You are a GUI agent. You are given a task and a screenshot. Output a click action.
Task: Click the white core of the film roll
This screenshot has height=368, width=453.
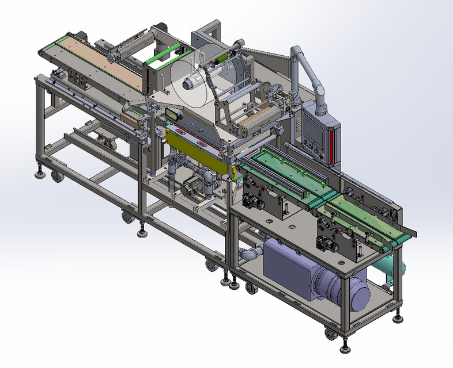pyautogui.click(x=189, y=83)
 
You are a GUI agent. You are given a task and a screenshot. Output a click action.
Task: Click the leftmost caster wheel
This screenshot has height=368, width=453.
pyautogui.click(x=57, y=177)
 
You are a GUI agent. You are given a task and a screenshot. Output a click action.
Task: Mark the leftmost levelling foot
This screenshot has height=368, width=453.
pyautogui.click(x=40, y=172)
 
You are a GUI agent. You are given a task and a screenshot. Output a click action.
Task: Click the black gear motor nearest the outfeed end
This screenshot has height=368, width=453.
pyautogui.click(x=329, y=244)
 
